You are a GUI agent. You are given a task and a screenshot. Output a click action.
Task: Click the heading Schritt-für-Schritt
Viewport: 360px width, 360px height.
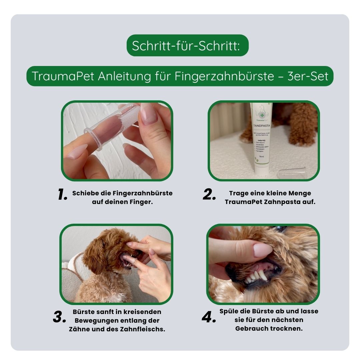coord(187,45)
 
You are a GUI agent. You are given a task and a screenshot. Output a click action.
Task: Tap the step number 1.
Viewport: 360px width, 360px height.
coord(62,195)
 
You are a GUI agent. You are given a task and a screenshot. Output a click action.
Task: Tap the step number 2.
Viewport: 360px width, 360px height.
coord(209,195)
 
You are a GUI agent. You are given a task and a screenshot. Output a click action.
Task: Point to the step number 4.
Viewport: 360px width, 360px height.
coord(209,318)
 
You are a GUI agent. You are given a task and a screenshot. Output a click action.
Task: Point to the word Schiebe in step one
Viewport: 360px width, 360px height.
coord(84,193)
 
